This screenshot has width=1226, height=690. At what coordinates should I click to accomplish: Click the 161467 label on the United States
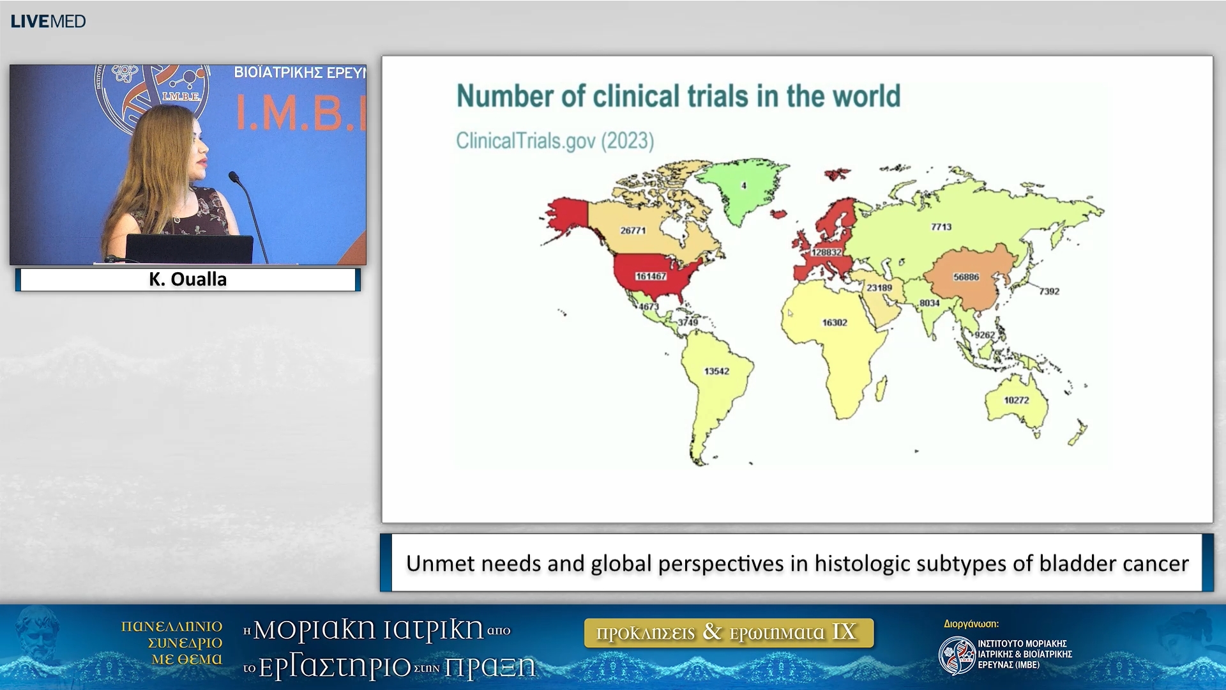651,277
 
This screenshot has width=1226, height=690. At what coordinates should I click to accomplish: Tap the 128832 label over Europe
826,252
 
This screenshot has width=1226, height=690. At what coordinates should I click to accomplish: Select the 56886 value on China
966,277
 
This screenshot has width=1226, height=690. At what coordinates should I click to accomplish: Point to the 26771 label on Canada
633,231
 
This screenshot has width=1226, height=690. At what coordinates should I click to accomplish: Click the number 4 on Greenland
743,186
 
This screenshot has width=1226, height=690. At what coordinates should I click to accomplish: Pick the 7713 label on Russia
941,227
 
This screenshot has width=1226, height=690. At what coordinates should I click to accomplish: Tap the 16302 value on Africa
835,323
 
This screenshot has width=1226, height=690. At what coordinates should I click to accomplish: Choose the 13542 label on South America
716,371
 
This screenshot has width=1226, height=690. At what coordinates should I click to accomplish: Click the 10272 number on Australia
1017,401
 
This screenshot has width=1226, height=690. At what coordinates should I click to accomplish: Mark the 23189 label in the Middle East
879,288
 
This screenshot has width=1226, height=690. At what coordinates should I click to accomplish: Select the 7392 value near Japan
1049,291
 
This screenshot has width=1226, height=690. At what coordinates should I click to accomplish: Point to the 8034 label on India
930,303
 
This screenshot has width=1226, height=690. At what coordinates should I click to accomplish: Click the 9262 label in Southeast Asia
985,335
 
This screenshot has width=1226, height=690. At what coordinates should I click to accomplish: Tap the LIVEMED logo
49,21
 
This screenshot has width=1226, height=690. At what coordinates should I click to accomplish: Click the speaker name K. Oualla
188,279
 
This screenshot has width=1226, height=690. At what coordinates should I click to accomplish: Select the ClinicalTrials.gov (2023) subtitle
555,141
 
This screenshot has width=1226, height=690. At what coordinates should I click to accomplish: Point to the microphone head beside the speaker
234,176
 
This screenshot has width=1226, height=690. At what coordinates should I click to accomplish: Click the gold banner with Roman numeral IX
729,632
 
